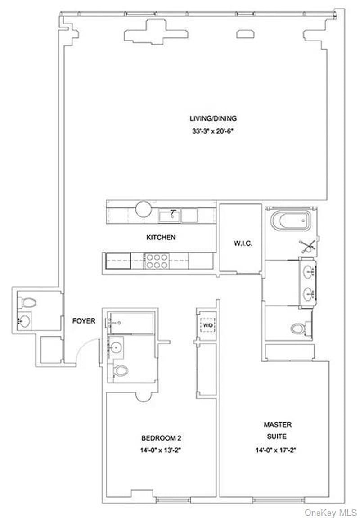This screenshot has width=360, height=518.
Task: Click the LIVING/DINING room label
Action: pos(213,118)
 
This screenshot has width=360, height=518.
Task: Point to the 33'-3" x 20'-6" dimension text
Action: pos(213,132)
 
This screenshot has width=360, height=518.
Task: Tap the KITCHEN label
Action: pos(160,237)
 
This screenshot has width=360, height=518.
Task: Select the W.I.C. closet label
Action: pos(243,243)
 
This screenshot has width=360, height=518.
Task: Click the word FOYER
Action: pos(84,321)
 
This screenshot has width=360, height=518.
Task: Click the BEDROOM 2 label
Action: pos(161,437)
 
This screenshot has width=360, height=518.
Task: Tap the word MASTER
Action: pos(278,424)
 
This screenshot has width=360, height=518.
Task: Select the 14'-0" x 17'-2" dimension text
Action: pos(278,449)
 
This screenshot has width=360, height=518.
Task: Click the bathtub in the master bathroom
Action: pos(290,221)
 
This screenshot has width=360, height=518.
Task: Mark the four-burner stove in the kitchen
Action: pos(156,261)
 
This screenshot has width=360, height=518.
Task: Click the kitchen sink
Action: pos(170,216)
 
